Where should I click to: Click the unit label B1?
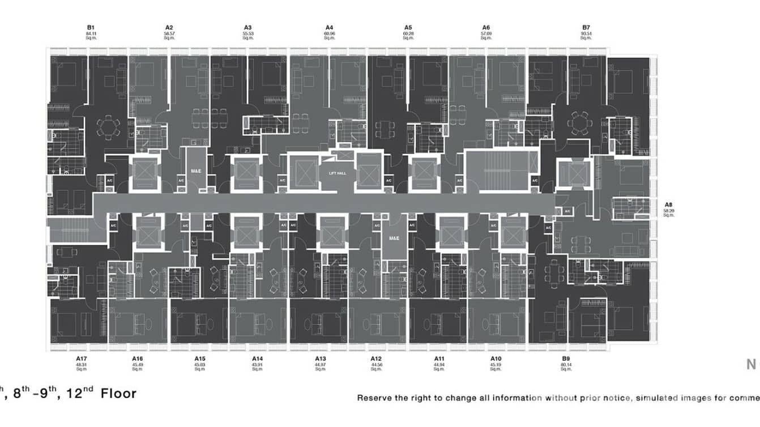click(x=90, y=28)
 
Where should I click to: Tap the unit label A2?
click(x=169, y=28)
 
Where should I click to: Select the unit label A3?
click(x=247, y=28)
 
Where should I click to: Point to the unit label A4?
click(x=330, y=28)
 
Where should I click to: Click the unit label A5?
click(x=408, y=28)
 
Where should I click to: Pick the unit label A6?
click(x=486, y=28)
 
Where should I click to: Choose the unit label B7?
click(x=586, y=28)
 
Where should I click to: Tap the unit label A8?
click(x=668, y=205)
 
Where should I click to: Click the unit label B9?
click(x=565, y=359)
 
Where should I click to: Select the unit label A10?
click(x=496, y=359)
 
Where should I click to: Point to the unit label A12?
click(x=376, y=359)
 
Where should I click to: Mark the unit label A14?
click(x=257, y=359)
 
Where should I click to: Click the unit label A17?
click(x=81, y=359)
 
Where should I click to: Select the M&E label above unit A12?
click(x=394, y=238)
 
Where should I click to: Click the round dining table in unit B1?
click(x=108, y=127)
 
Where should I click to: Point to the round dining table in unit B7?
click(x=578, y=122)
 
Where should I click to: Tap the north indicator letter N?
click(x=751, y=364)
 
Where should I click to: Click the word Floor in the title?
click(x=118, y=392)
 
